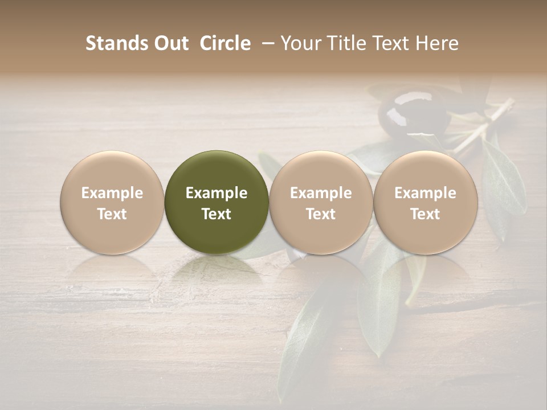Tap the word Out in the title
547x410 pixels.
tap(170, 43)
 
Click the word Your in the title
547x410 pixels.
tap(300, 43)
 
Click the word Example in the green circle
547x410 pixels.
tap(217, 193)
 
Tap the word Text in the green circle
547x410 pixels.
tap(217, 214)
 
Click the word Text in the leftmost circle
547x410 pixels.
tap(112, 214)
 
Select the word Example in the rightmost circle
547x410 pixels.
tap(426, 193)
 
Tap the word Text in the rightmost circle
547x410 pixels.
tap(426, 214)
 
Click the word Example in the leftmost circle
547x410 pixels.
tap(112, 193)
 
